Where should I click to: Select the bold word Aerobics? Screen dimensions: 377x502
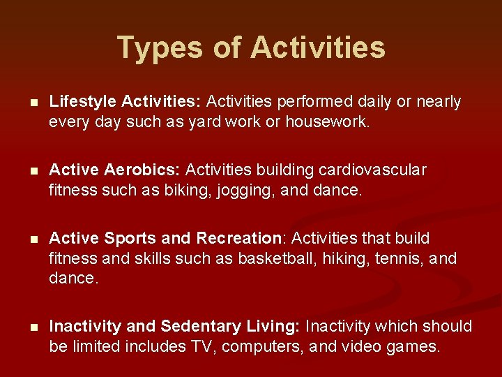pyautogui.click(x=143, y=170)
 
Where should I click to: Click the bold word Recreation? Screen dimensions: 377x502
pyautogui.click(x=239, y=239)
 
